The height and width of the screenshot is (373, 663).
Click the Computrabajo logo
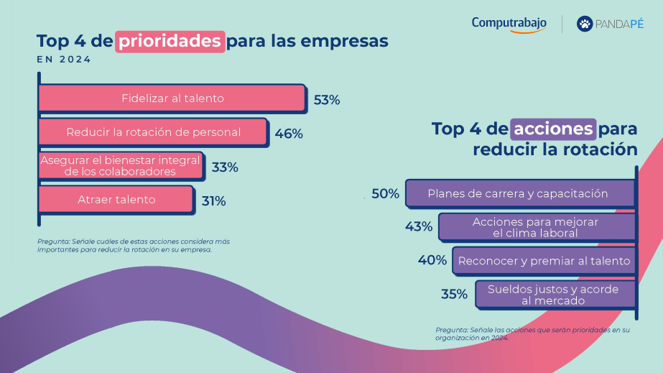tap(509, 24)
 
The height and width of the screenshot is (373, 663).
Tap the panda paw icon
tap(585, 24)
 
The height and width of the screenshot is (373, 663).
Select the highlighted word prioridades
tap(170, 40)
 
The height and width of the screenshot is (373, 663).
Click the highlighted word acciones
tap(553, 129)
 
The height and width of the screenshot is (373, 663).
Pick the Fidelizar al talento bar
tap(172, 98)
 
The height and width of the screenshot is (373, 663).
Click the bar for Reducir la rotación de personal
tap(153, 132)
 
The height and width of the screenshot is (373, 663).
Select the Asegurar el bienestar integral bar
tap(120, 165)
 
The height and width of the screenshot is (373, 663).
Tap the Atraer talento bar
tap(116, 200)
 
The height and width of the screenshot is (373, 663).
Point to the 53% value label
tap(327, 100)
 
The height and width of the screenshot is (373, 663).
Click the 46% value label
tap(289, 134)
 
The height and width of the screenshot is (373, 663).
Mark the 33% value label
tap(225, 167)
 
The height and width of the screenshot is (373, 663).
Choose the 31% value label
tap(214, 201)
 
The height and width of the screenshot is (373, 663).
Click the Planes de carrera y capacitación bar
tap(519, 193)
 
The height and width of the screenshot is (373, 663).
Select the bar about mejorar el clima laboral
tap(537, 227)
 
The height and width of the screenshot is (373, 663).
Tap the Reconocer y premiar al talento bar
tap(544, 261)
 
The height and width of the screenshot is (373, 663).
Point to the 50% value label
tap(385, 193)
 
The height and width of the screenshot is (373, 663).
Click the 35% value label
tap(454, 294)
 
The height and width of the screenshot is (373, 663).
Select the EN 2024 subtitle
tap(64, 60)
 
